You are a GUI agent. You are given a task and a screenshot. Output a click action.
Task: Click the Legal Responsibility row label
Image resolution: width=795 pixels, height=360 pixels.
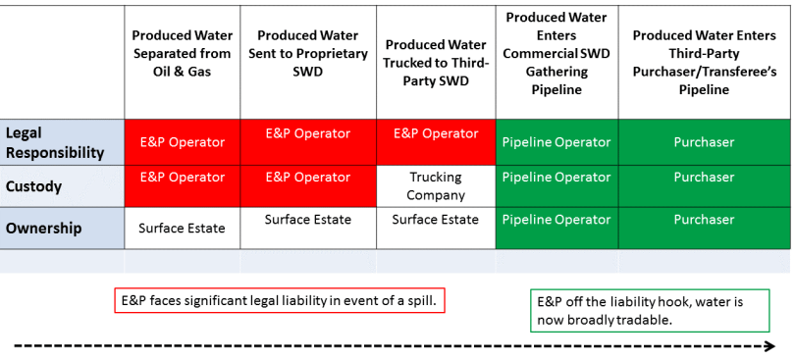[x=55, y=142]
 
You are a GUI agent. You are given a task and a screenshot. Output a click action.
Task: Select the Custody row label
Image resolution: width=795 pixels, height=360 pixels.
[x=34, y=185]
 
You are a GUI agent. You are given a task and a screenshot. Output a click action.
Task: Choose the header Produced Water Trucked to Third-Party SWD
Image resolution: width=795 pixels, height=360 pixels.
[x=436, y=63]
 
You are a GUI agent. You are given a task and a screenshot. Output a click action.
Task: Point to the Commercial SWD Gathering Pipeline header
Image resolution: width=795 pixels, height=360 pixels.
[x=556, y=53]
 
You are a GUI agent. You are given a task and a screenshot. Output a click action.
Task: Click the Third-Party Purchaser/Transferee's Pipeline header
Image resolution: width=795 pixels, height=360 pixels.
[x=703, y=61]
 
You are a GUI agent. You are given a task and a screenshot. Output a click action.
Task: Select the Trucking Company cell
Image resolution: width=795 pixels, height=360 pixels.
[x=436, y=186]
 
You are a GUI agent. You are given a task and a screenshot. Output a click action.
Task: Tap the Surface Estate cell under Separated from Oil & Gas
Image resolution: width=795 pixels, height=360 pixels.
[x=182, y=228]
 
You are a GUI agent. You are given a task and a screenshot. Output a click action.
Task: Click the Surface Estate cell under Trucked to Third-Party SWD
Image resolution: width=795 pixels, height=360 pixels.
[x=436, y=220]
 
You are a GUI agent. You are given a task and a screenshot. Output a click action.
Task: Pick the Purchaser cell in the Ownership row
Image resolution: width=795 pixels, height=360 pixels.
[x=703, y=220]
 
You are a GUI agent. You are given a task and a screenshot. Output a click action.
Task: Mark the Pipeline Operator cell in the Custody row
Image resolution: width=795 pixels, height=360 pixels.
[x=556, y=178]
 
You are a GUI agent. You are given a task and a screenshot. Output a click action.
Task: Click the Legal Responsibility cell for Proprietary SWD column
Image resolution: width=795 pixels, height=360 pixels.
[x=308, y=133]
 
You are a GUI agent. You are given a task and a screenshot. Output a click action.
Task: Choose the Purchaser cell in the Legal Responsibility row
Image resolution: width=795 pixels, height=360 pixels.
[x=703, y=142]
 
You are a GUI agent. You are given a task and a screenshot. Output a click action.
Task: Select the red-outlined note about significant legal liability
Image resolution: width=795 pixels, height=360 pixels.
[x=280, y=300]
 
